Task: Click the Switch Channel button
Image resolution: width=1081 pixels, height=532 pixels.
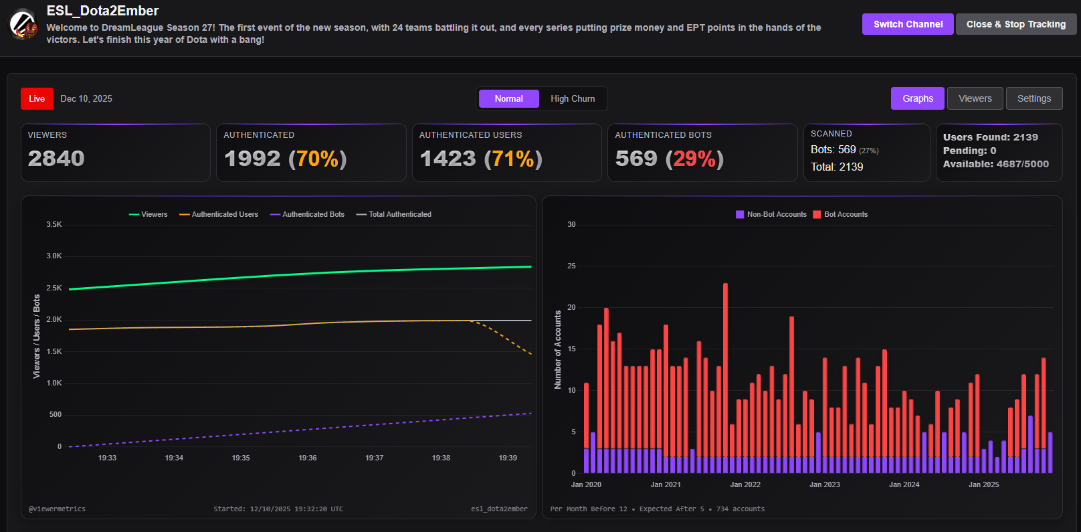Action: pos(908,24)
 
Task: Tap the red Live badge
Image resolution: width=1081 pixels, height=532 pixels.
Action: pos(37,98)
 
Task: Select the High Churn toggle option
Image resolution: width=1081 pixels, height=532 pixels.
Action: pos(573,98)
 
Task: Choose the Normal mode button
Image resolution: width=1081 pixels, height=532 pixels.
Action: pos(508,98)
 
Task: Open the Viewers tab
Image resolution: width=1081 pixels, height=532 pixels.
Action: pos(975,98)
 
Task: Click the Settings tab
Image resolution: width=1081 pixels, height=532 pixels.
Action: pos(1034,98)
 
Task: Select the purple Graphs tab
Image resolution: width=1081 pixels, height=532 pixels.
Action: pos(917,98)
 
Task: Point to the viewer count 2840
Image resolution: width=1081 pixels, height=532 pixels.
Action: pos(56,159)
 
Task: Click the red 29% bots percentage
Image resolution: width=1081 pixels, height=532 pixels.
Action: pos(694,159)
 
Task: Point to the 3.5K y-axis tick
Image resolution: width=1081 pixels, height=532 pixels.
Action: pos(54,224)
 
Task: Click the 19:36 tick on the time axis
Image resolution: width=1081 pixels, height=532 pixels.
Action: pos(308,458)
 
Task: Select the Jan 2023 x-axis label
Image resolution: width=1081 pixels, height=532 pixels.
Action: pos(825,484)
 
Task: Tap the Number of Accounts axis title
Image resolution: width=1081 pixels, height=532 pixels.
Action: pos(558,349)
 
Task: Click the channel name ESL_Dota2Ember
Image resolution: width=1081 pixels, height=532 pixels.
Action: pos(102,11)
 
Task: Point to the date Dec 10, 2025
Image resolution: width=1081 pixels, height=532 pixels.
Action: pos(86,98)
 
